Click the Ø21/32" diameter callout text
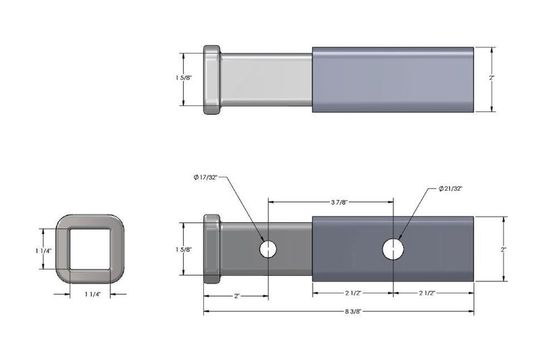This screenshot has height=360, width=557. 452,189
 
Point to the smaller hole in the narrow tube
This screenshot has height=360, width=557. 269,249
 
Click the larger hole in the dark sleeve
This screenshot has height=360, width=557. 393,249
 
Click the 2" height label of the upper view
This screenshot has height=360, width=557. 492,78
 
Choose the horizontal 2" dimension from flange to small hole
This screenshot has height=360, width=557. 236,296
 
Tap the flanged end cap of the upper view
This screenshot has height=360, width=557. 212,80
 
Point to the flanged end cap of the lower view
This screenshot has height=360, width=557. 212,249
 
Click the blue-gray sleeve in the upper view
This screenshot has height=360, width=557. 393,79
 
